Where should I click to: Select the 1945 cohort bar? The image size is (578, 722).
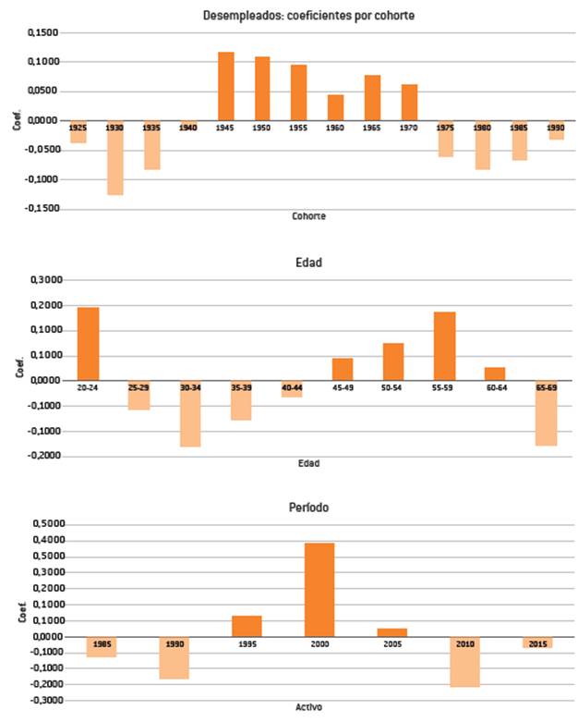pos(226,86)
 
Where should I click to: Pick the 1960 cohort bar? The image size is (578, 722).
pos(335,107)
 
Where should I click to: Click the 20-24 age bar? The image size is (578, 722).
pos(89,343)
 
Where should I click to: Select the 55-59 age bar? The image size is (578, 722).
pos(444,346)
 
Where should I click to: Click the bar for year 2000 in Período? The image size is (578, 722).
pos(319,589)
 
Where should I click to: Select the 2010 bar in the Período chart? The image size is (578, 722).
pos(465,661)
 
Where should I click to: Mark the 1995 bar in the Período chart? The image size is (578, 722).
pos(247,626)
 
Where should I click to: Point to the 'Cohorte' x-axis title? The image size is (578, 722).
pos(308,216)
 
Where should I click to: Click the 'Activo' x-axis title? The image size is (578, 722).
pos(308,707)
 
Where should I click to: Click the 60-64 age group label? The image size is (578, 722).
pos(495,389)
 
